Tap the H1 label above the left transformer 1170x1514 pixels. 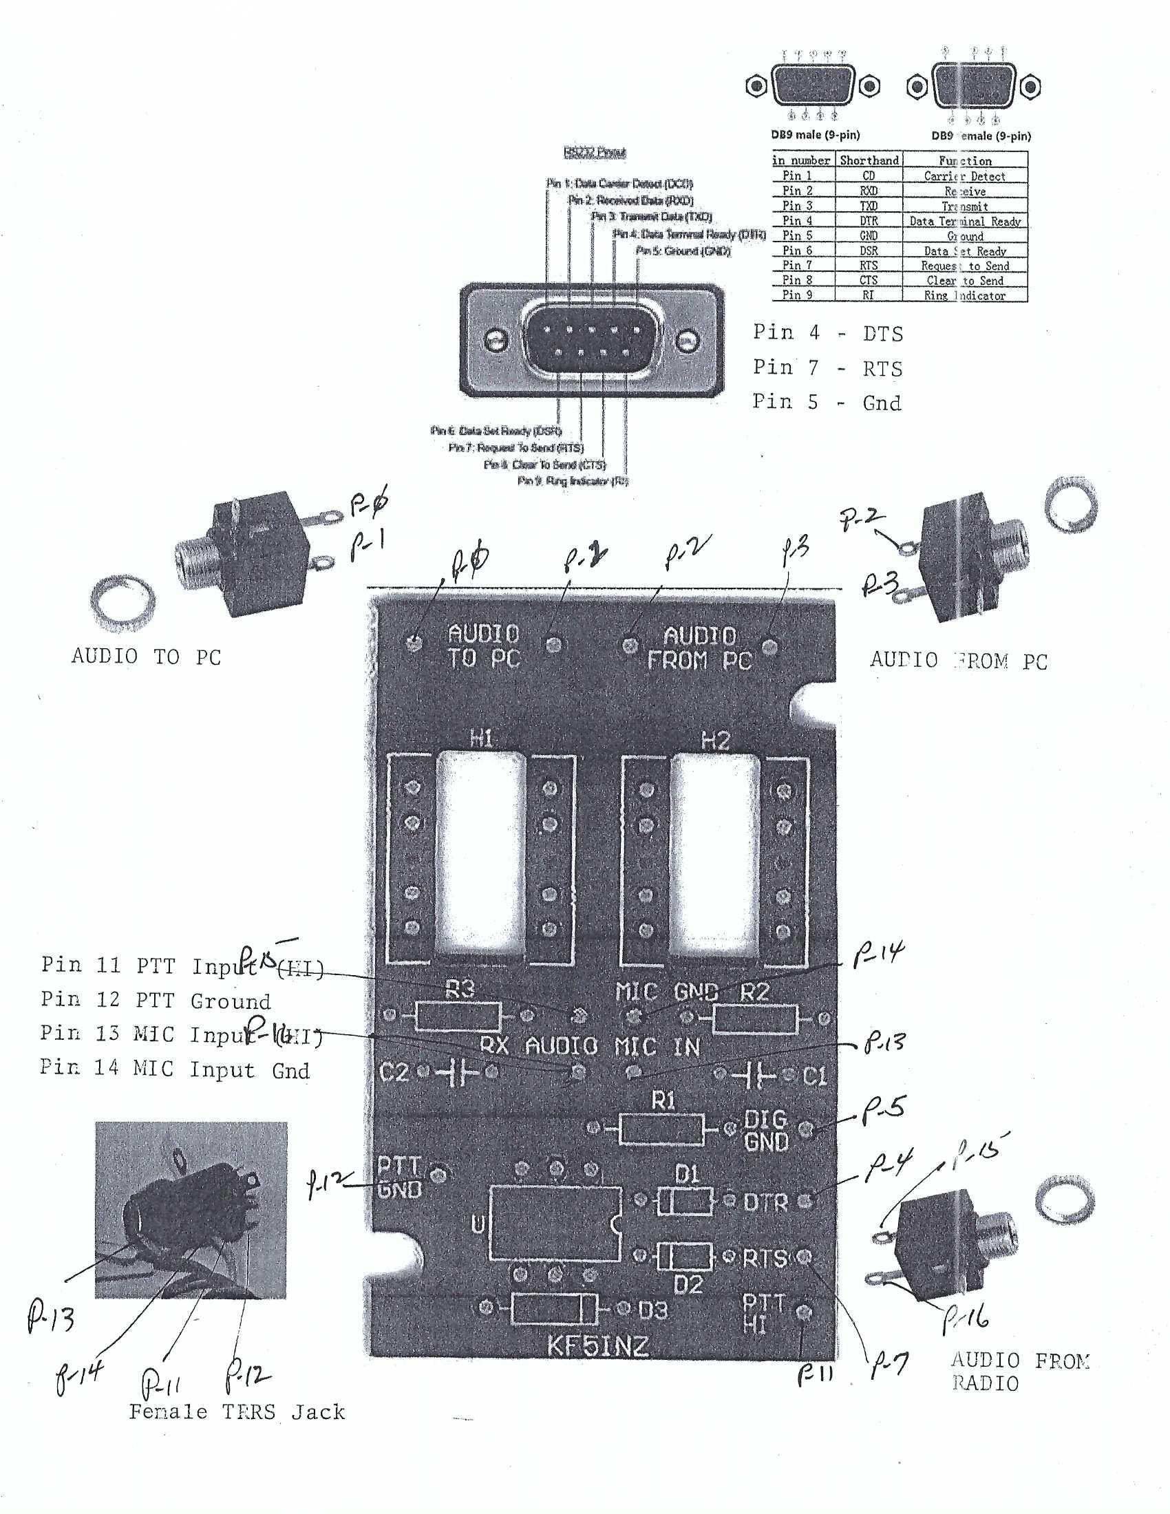(x=482, y=739)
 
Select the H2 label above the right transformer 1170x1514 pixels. (x=715, y=741)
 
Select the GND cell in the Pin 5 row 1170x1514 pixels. (x=868, y=235)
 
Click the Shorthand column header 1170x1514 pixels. (x=869, y=160)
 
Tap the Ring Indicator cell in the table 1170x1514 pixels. (x=964, y=295)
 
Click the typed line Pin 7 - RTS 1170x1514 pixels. (x=827, y=368)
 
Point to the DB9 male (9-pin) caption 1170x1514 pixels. (x=815, y=134)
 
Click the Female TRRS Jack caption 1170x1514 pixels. (x=237, y=1411)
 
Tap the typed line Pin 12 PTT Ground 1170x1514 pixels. (x=156, y=1001)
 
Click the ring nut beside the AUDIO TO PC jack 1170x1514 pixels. (x=123, y=598)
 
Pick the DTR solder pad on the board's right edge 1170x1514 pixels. (x=805, y=1200)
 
